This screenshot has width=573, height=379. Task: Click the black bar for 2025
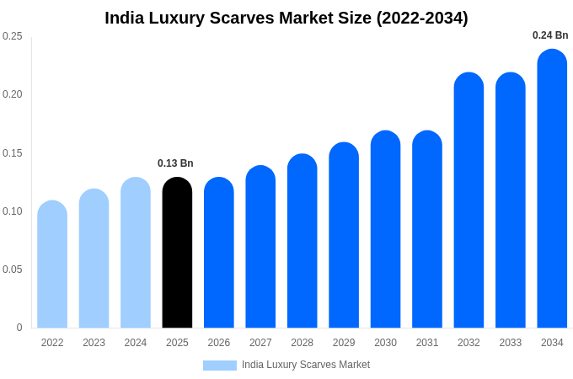(177, 253)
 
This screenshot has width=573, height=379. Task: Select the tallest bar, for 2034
(552, 189)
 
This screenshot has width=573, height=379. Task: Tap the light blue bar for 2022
(52, 264)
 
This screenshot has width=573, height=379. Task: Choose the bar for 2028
(302, 241)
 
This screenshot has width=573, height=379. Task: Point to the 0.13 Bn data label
(175, 163)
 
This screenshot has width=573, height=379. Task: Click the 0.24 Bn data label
(550, 35)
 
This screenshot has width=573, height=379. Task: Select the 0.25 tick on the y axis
(13, 36)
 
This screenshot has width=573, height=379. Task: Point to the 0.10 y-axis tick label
(13, 211)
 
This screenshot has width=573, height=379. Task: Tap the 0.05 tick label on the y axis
(13, 270)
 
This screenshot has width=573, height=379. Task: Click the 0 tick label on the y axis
(19, 328)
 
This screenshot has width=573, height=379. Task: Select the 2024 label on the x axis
(136, 343)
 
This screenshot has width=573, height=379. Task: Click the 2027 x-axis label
(260, 343)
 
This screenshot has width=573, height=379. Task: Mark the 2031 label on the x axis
(427, 343)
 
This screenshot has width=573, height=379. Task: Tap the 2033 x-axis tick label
(511, 343)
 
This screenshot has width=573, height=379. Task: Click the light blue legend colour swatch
(219, 366)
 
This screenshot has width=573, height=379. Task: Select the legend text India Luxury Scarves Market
(306, 365)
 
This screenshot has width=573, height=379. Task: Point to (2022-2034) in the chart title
(418, 18)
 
